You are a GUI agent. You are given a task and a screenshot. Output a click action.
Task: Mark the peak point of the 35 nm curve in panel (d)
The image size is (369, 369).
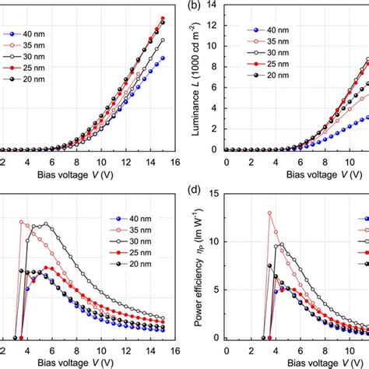269,213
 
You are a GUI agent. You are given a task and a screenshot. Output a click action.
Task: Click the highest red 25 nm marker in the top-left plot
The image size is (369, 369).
163,18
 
